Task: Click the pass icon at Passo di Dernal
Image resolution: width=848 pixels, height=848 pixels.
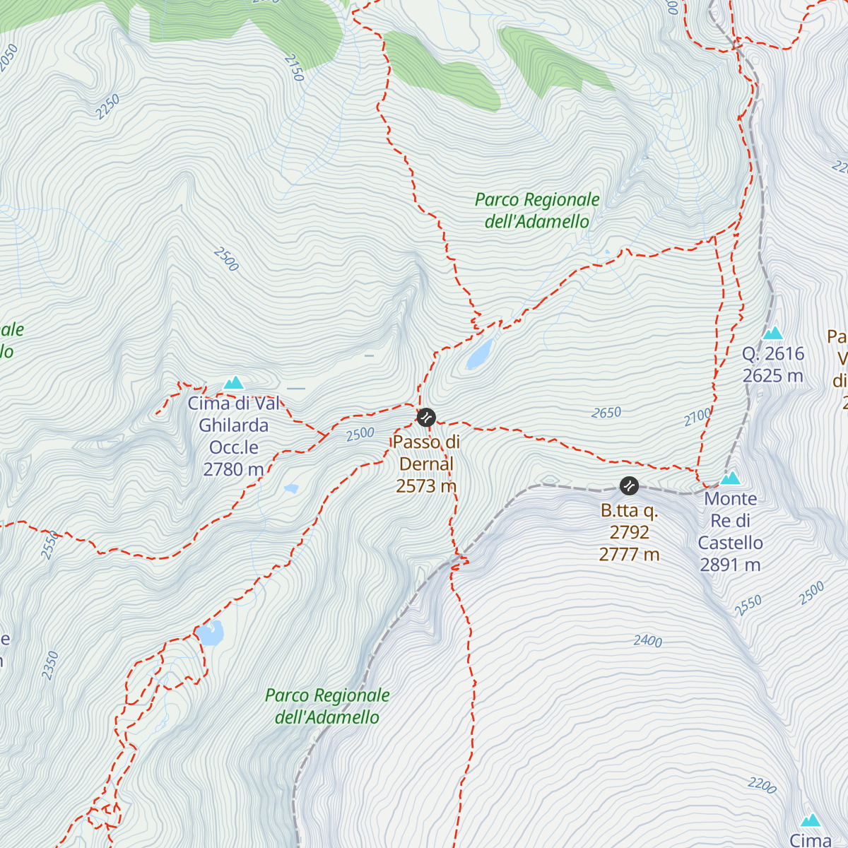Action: [x=425, y=418]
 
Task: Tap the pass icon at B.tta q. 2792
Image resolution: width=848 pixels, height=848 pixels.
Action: [x=629, y=485]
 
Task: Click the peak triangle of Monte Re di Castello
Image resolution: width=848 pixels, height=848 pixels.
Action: [x=730, y=478]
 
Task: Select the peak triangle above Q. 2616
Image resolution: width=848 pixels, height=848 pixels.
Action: [x=773, y=333]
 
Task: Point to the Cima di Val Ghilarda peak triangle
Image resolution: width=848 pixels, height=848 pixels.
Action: [x=234, y=383]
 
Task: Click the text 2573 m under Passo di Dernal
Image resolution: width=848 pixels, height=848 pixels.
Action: [x=426, y=486]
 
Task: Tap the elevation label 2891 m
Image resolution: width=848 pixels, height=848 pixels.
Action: [x=730, y=565]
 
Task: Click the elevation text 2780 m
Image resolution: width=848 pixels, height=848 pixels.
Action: [x=233, y=469]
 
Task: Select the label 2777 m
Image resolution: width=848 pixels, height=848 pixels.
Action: [x=629, y=555]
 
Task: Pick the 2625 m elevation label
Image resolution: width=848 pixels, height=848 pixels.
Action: [x=772, y=375]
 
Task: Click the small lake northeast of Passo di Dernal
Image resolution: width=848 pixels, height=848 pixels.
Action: [x=480, y=354]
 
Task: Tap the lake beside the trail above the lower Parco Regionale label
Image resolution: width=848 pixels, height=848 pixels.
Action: [x=211, y=634]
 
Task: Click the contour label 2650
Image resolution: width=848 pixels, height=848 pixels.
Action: [x=606, y=413]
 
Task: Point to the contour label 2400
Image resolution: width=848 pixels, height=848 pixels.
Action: [x=647, y=641]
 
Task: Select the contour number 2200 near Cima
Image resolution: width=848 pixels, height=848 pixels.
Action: [x=762, y=785]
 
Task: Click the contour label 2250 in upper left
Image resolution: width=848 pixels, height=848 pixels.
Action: [x=108, y=107]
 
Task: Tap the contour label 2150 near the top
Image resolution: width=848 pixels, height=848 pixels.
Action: [x=293, y=68]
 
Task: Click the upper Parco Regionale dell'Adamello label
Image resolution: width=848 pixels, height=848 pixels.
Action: [x=537, y=211]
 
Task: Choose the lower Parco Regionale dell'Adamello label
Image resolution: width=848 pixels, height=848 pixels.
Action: [x=327, y=706]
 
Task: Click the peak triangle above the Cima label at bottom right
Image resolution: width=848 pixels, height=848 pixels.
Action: [x=811, y=820]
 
